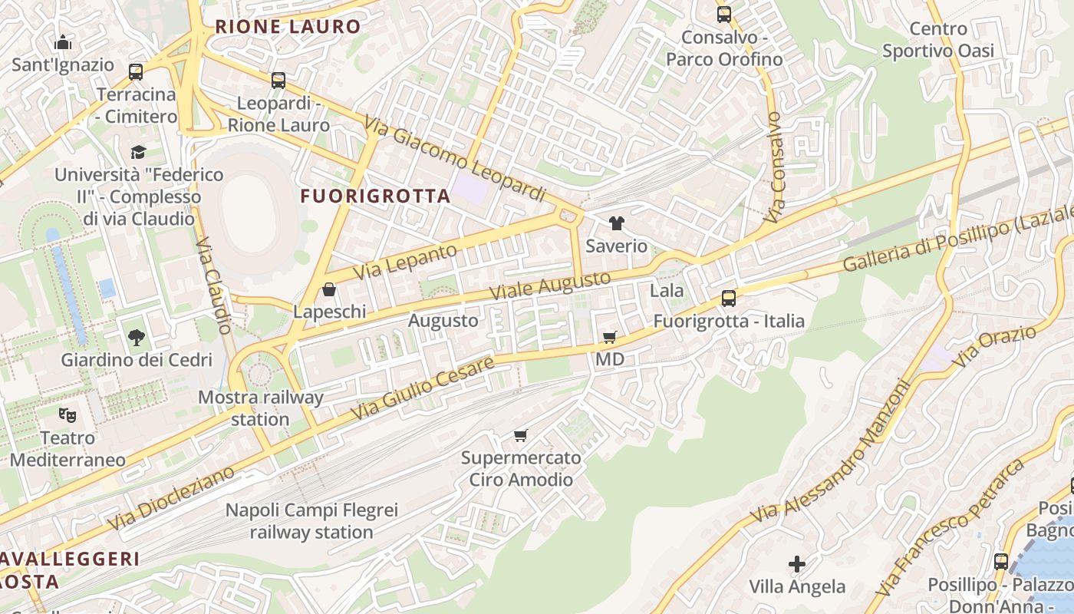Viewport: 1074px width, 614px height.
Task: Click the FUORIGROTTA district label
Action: tap(375, 196)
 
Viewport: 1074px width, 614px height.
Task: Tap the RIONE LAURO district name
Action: tap(288, 27)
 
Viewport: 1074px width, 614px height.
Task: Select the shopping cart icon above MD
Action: tap(610, 337)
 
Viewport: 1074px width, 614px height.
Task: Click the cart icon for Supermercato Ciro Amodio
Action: tap(521, 436)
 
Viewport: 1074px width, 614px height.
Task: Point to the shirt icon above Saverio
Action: tap(617, 223)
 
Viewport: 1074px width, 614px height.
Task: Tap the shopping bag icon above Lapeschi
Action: tap(329, 289)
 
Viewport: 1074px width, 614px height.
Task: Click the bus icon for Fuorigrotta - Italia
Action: tap(729, 299)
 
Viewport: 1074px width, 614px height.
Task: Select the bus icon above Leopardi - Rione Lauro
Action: tap(278, 80)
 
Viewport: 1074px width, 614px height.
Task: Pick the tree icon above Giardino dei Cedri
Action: tap(137, 337)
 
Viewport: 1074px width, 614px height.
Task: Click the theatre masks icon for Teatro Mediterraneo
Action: tap(68, 416)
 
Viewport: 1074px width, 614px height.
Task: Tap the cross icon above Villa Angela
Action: tap(797, 564)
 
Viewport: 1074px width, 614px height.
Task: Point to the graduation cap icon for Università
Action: tap(138, 152)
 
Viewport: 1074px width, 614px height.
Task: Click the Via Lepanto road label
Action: tap(405, 262)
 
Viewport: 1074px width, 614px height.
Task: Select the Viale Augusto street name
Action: tap(551, 286)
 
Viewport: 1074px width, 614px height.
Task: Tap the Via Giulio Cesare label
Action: tap(423, 388)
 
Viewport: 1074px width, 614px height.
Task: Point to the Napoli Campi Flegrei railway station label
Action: tap(311, 521)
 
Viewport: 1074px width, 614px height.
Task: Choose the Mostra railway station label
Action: tap(260, 408)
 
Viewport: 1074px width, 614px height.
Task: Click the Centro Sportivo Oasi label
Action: tap(937, 40)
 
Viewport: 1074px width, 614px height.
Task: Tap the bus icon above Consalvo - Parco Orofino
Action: tap(723, 14)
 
